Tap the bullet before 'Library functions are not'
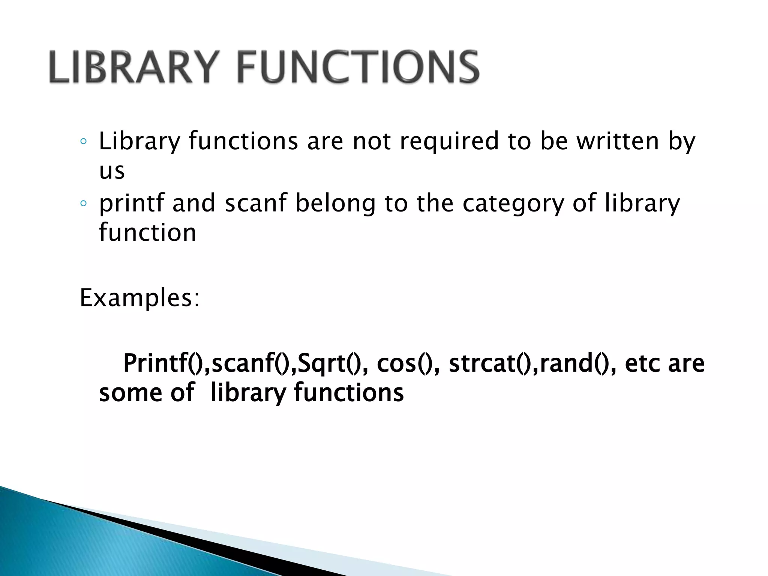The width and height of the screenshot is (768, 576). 84,142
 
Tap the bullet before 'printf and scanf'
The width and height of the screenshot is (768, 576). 84,204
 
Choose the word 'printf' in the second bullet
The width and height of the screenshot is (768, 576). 132,204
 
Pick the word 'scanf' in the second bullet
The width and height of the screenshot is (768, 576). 255,203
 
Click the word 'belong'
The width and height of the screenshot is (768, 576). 335,204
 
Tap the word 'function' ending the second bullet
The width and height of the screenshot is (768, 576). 147,232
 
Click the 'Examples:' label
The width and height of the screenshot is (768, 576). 140,298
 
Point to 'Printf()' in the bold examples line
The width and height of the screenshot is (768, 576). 165,363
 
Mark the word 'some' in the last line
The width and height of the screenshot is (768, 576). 130,393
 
